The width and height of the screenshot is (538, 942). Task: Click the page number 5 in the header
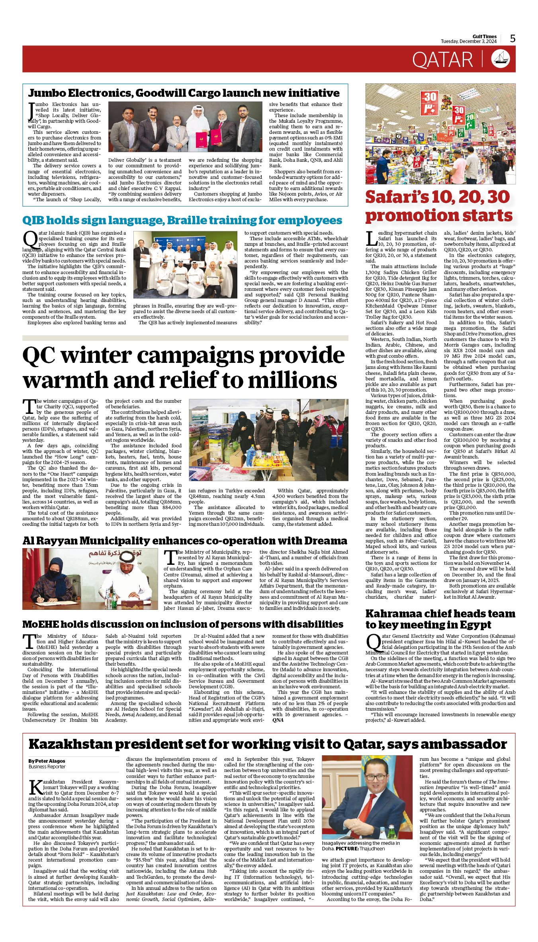[x=513, y=39]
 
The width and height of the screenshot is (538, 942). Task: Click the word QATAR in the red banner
[x=442, y=60]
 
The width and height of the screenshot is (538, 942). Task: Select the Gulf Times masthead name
[x=485, y=37]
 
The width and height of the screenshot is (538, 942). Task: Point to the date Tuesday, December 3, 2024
[x=468, y=41]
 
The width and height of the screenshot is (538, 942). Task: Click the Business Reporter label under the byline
[x=47, y=767]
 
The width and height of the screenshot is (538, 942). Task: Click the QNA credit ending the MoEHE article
[x=278, y=720]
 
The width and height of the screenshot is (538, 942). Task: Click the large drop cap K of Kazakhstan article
[x=35, y=787]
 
